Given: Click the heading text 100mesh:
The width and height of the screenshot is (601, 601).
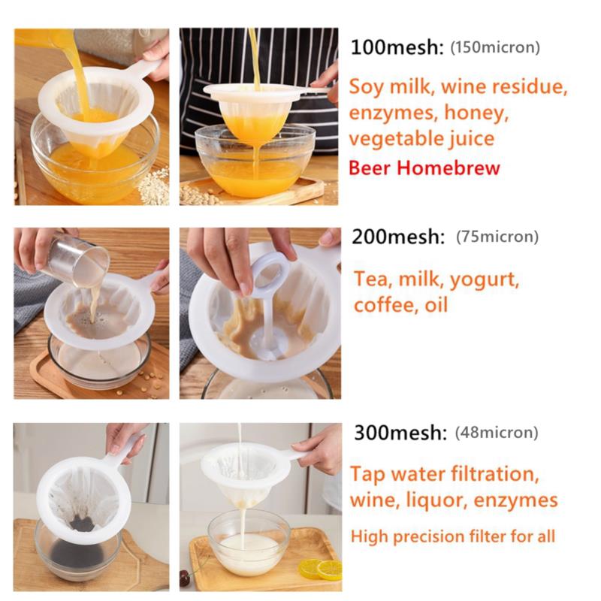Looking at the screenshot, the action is (x=397, y=47).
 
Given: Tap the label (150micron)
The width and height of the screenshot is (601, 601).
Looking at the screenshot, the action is (x=495, y=47).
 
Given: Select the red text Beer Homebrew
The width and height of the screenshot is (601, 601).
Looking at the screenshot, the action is (x=424, y=168).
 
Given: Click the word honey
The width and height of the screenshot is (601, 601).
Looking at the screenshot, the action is (x=476, y=113).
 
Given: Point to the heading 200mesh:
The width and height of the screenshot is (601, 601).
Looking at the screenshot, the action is (x=398, y=237).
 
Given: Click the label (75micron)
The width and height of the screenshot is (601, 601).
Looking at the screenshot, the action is (x=497, y=237).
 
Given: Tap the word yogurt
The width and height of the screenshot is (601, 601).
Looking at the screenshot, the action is (x=484, y=280).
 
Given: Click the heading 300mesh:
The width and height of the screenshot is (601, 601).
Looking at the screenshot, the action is (x=400, y=433).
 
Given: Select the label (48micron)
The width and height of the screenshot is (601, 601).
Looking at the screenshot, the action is (x=497, y=433).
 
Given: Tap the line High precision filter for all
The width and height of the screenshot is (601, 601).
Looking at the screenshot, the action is (x=453, y=536).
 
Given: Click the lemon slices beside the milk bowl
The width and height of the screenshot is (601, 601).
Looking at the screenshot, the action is (x=320, y=569).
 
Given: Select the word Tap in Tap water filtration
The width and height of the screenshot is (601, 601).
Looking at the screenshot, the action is (x=367, y=475).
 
